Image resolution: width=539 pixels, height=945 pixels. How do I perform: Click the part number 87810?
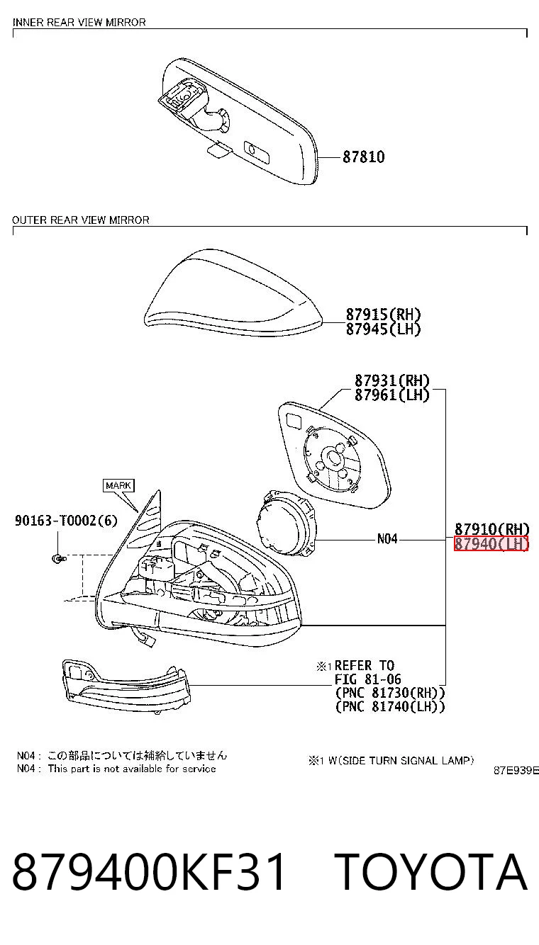point(363,157)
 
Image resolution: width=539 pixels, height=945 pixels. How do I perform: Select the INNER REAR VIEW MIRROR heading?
point(79,23)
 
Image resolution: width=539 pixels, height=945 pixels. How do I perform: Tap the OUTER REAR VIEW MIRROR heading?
point(80,220)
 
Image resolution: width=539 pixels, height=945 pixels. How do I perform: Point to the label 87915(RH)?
point(383,315)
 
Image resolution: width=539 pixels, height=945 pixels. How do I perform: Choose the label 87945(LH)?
point(383,329)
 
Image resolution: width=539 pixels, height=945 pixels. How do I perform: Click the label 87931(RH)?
point(391,381)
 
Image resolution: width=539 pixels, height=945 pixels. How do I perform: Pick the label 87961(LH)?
point(391,395)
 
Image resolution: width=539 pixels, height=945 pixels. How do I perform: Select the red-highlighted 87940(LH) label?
point(491,544)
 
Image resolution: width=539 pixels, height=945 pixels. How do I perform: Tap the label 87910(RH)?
point(491,529)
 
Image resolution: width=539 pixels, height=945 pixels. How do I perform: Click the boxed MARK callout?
point(118,485)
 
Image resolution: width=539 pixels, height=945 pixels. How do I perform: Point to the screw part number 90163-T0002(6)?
point(66,521)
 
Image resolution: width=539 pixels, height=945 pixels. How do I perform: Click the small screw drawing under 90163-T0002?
point(59,559)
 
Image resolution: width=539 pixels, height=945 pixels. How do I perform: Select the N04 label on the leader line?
point(387,538)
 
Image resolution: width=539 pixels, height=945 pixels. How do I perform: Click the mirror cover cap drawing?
point(233,293)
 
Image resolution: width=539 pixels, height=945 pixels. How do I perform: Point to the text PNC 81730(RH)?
point(390,693)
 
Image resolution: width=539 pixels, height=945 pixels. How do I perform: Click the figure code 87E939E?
point(516,771)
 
